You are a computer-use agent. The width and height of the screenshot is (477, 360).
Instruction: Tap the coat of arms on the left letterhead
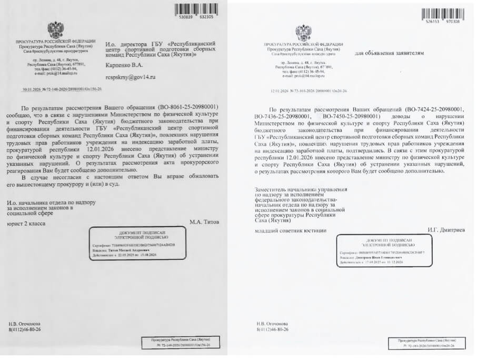coord(55,30)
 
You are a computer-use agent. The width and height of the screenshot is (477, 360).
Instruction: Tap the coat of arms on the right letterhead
coord(303,33)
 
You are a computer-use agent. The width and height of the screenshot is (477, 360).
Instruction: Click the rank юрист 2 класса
coord(26,223)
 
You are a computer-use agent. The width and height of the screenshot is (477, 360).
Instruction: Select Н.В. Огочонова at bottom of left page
coord(24,324)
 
